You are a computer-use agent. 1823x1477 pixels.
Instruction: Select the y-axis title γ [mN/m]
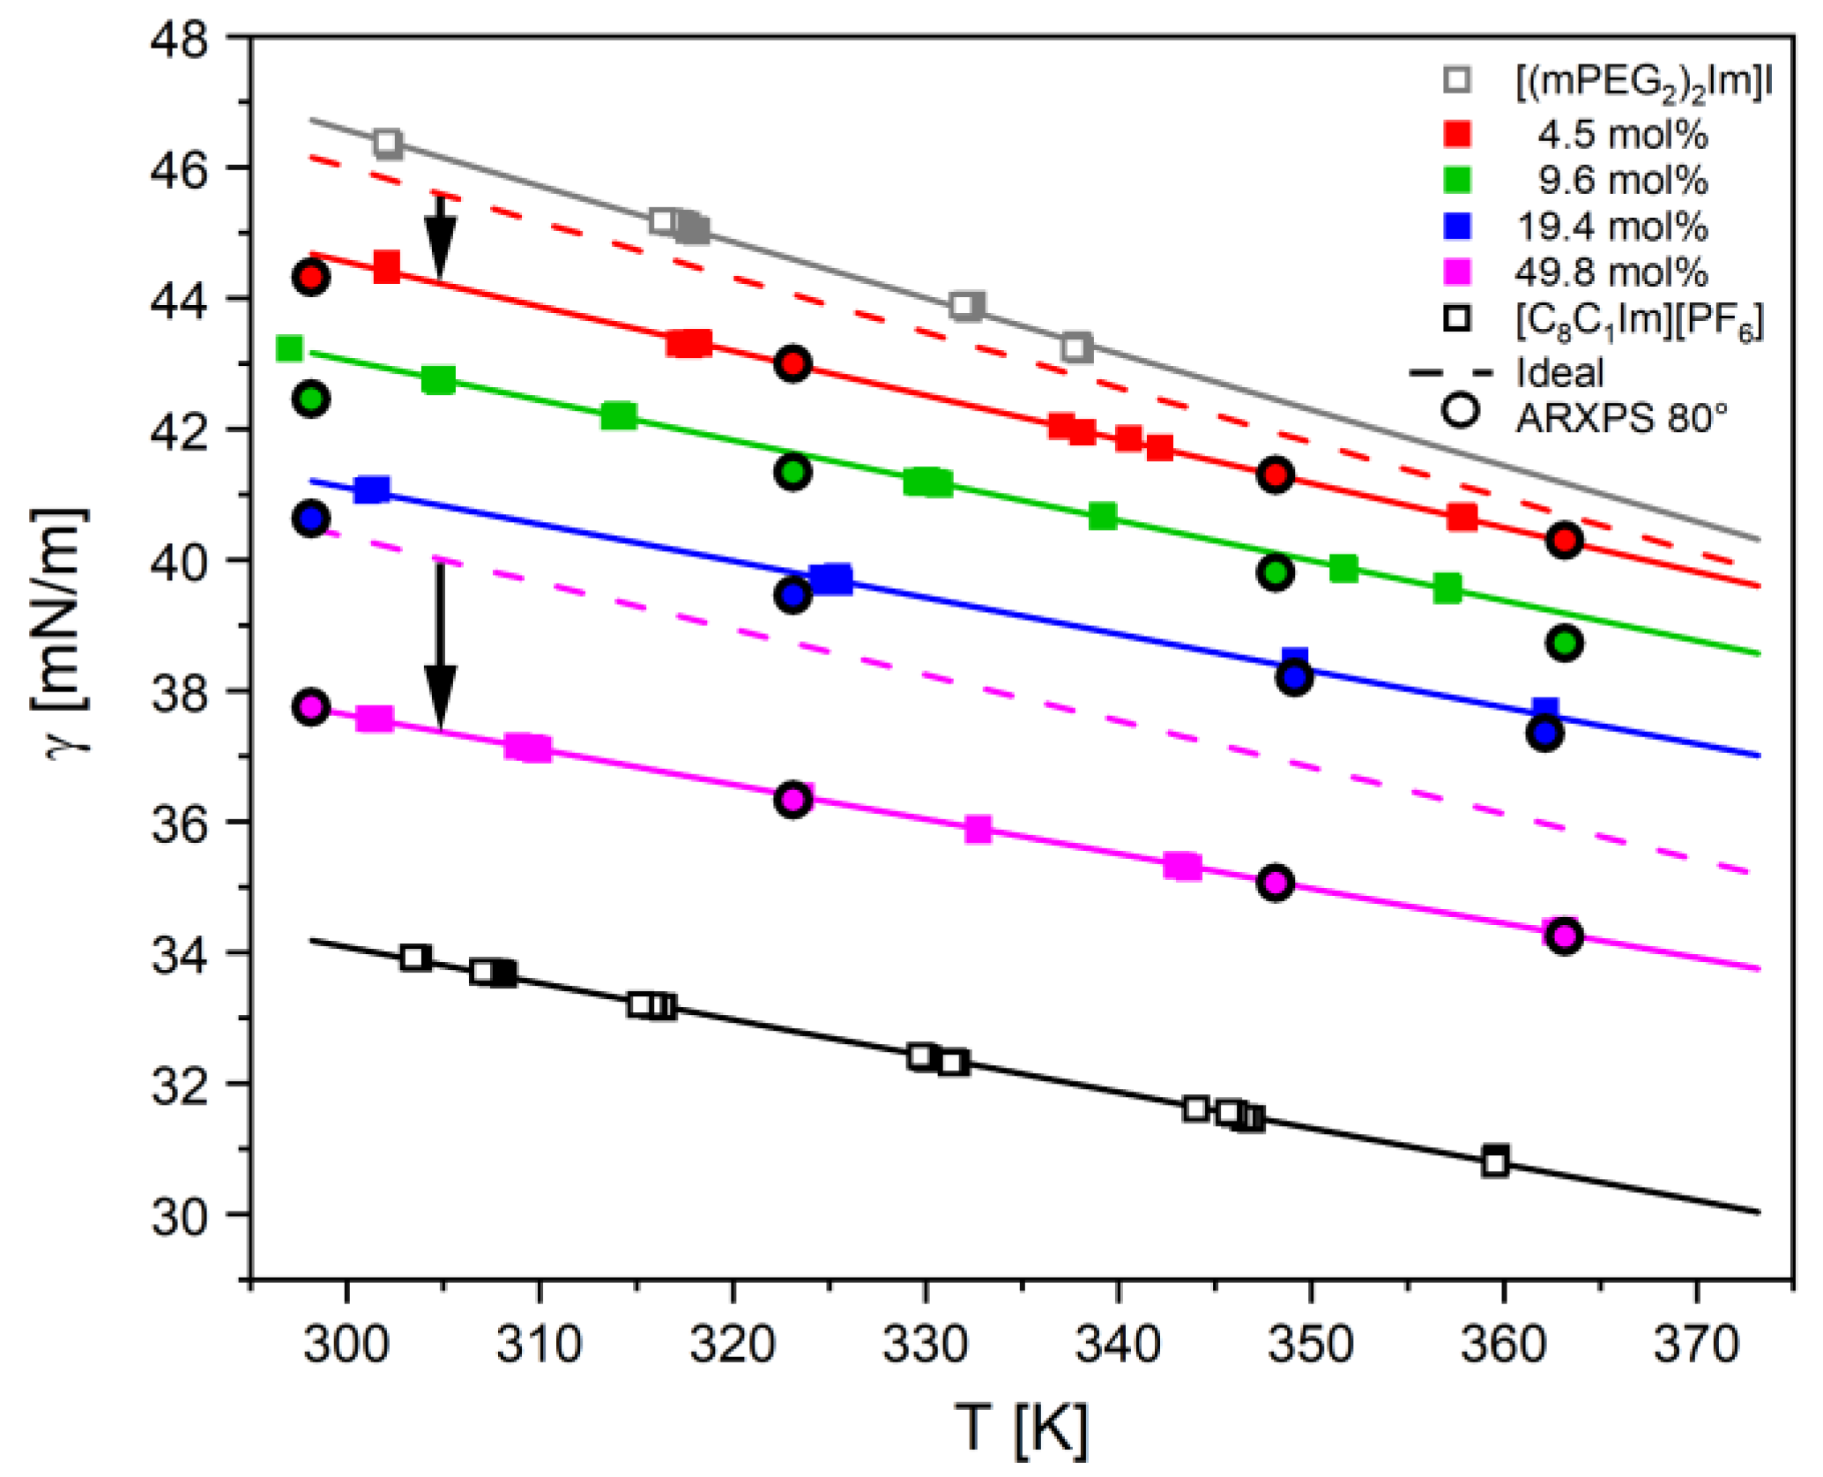(x=62, y=631)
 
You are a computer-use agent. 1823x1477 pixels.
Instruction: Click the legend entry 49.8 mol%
(x=1610, y=272)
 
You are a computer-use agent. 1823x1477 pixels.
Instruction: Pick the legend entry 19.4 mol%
(x=1610, y=227)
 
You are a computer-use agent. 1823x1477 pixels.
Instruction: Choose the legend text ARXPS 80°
(x=1620, y=418)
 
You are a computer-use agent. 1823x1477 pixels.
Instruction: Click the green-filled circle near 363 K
(x=1564, y=643)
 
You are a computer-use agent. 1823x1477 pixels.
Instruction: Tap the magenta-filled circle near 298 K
(x=310, y=707)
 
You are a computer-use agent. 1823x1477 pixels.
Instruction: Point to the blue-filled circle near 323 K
(x=792, y=596)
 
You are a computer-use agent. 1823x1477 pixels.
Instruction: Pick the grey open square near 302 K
(x=388, y=144)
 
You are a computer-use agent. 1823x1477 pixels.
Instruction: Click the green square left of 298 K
(x=289, y=349)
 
